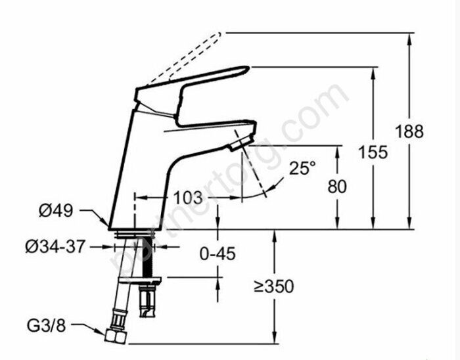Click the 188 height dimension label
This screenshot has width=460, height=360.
coord(409,131)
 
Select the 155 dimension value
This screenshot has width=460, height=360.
coord(373,152)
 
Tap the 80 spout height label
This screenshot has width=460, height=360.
coord(337,186)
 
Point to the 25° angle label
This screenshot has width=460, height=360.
coord(302,168)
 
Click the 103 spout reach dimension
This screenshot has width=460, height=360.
coord(188,198)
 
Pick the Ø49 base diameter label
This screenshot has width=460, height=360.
coord(56,210)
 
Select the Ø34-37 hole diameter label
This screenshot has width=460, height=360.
coord(55,246)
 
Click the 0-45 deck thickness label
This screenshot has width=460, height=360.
coord(218,254)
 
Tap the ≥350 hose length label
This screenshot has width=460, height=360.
coord(274,286)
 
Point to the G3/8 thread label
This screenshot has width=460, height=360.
coord(47,325)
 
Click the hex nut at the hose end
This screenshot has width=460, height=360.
coord(115,336)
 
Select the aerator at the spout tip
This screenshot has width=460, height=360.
coord(241,144)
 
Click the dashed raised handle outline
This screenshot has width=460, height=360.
coord(184,58)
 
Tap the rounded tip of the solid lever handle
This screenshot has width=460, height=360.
coord(246,69)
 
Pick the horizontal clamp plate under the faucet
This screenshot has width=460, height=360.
coord(139,281)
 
